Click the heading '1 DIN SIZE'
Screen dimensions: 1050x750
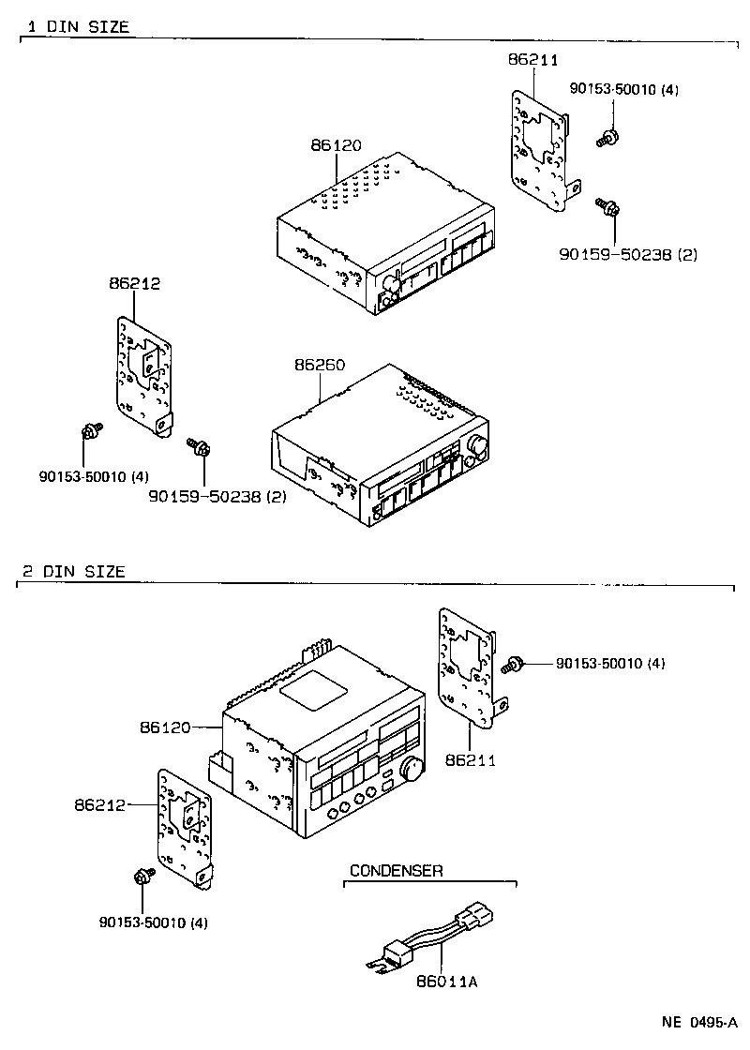point(76,26)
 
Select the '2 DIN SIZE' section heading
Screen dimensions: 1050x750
point(73,571)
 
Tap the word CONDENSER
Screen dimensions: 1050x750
point(396,871)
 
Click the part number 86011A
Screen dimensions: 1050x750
point(446,982)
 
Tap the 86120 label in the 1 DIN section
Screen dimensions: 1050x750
point(335,145)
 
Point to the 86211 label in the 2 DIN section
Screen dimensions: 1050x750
point(471,758)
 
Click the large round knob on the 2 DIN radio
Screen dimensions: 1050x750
point(411,770)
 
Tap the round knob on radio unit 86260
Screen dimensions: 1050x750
point(478,447)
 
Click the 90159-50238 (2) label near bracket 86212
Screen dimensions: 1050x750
point(217,495)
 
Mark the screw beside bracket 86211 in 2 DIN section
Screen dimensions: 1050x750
point(514,665)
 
